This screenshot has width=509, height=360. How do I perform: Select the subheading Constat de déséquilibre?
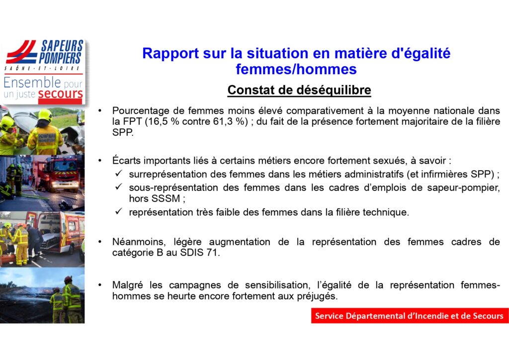click(299, 90)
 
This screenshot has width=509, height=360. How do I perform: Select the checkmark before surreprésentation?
click(118, 174)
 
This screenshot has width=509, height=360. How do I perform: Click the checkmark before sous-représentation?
click(118, 186)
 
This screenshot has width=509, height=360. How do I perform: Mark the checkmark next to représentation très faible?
click(118, 211)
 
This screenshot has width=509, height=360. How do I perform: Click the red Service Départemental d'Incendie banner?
click(410, 316)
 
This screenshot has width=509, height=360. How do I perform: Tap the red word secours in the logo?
click(60, 94)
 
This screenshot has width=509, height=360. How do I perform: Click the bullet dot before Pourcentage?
click(100, 111)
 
